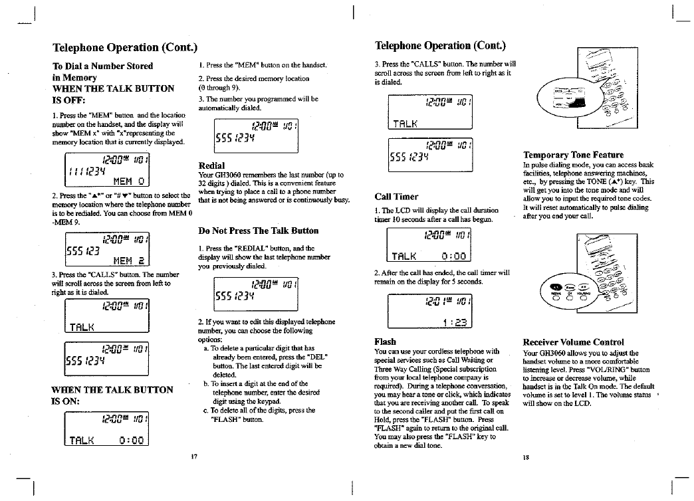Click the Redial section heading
(211, 165)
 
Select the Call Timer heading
(396, 197)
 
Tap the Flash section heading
(386, 342)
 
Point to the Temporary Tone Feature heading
(573, 155)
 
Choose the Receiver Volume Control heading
(573, 342)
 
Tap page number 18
(526, 458)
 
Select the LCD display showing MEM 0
(106, 169)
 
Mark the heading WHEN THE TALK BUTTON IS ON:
(112, 395)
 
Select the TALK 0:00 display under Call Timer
(429, 245)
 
